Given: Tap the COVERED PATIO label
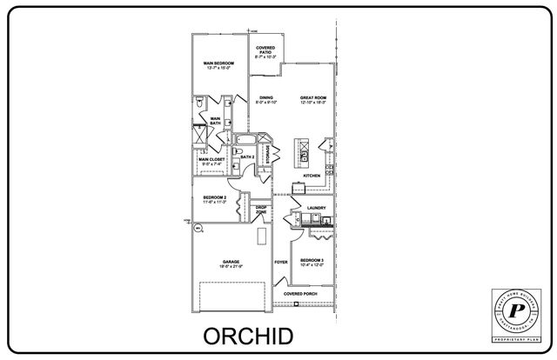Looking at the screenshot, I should (266, 50).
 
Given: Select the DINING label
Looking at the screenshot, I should (266, 98).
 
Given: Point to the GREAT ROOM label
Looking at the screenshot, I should (312, 98).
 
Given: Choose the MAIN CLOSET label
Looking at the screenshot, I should (211, 159).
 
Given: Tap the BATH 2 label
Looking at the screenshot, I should (247, 157).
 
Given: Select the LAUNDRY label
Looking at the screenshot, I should (316, 208).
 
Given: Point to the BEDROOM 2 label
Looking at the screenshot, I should (214, 199).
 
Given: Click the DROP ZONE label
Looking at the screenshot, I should (261, 209).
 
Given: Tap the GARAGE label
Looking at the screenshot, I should (231, 261).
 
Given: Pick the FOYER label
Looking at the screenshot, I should (281, 261).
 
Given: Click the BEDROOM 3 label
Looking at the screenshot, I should (312, 261).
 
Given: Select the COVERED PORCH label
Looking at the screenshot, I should (300, 294).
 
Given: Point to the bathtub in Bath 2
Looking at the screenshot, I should (247, 141).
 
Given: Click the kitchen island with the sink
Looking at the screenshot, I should (305, 152).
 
